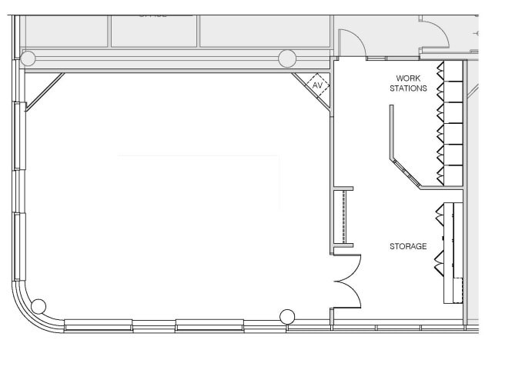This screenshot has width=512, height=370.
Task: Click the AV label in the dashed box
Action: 317,85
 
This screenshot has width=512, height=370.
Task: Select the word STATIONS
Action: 408,88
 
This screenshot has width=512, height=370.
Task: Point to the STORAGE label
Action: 407,246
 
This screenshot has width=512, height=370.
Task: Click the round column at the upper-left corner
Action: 28,58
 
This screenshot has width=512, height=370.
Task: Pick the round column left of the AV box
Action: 287,58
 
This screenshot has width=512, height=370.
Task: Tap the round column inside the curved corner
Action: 38,306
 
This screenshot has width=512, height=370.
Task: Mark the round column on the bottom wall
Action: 287,315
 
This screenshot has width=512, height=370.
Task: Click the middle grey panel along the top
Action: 154,31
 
